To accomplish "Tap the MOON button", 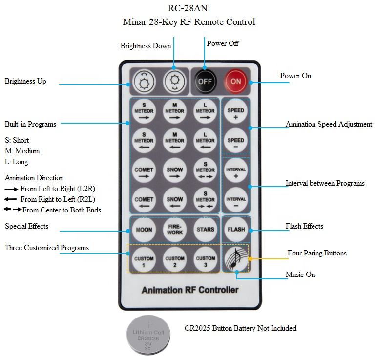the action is click(x=144, y=230).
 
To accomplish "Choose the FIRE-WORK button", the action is click(x=174, y=230).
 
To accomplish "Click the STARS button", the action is click(x=205, y=230).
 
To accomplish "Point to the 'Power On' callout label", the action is click(x=295, y=76).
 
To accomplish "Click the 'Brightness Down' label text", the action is click(x=146, y=46).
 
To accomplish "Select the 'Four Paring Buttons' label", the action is click(x=317, y=253).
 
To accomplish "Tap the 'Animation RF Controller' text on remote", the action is click(x=190, y=290).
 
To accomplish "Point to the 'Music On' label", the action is click(x=300, y=275).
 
